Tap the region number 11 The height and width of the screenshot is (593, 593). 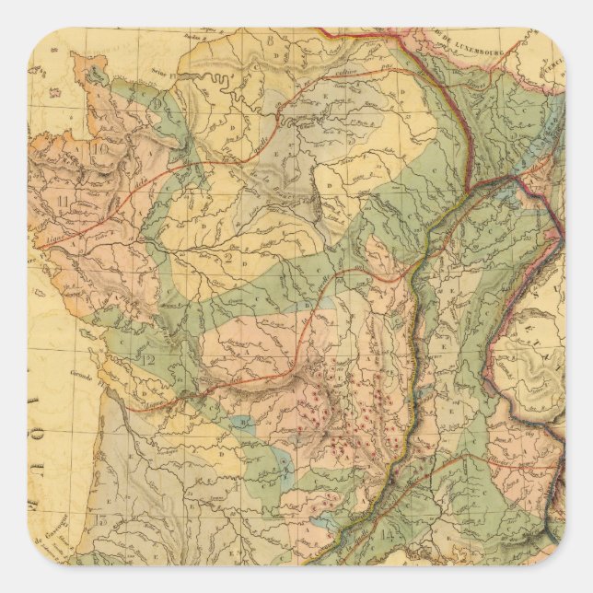pos(63,201)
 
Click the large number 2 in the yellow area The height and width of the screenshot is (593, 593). pos(226,256)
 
